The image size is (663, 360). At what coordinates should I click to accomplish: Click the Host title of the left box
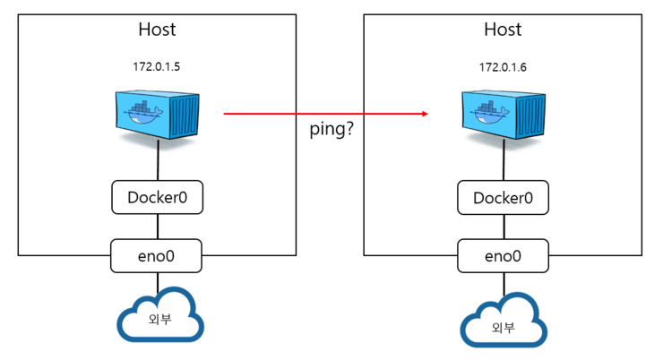pyautogui.click(x=157, y=30)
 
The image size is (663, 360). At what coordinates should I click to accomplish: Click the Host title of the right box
pyautogui.click(x=502, y=30)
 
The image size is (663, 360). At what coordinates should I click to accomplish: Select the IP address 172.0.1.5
pyautogui.click(x=158, y=67)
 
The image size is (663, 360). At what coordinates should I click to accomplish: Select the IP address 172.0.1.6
pyautogui.click(x=502, y=67)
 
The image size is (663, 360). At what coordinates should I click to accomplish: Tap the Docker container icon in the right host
pyautogui.click(x=504, y=115)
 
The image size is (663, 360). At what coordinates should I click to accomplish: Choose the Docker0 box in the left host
pyautogui.click(x=158, y=197)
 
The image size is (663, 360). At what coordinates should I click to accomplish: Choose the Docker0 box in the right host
pyautogui.click(x=502, y=197)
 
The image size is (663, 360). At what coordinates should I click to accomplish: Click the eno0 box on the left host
pyautogui.click(x=158, y=255)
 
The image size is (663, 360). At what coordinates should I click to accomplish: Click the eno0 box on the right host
pyautogui.click(x=502, y=255)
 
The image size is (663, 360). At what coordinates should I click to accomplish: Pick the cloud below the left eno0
pyautogui.click(x=158, y=317)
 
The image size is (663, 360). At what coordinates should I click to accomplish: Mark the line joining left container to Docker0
pyautogui.click(x=159, y=163)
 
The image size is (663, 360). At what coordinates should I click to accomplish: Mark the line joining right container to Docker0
pyautogui.click(x=503, y=163)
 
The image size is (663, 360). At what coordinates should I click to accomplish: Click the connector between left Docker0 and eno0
pyautogui.click(x=159, y=226)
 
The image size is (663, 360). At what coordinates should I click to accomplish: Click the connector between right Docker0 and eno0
pyautogui.click(x=503, y=226)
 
